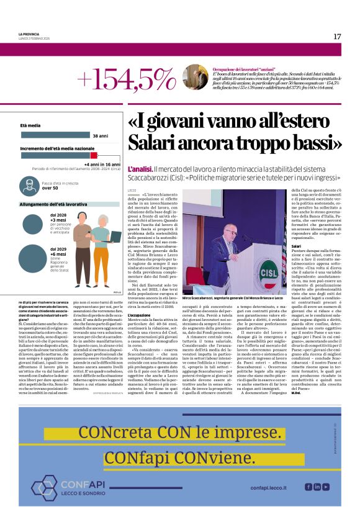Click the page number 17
coord(337,37)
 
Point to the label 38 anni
coord(100,135)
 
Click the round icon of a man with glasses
coord(29,185)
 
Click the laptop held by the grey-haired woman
coord(112,237)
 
